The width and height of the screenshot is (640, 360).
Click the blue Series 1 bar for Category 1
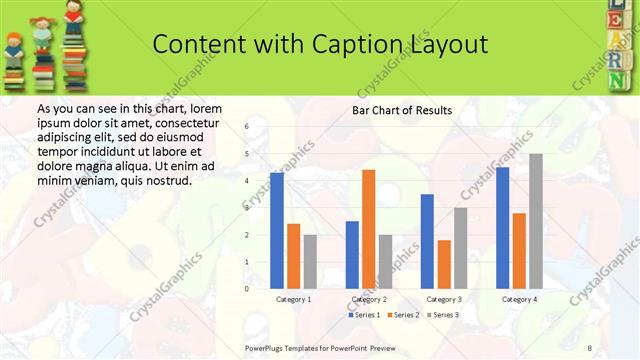[277, 231]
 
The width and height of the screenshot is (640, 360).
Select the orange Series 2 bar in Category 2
[368, 229]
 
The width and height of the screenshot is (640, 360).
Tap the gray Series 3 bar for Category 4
[536, 221]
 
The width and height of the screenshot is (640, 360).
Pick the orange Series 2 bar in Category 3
[444, 264]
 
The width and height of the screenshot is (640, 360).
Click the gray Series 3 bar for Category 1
[310, 262]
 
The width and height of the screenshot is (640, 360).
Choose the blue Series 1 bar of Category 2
[352, 255]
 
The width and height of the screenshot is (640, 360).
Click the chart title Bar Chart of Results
[401, 110]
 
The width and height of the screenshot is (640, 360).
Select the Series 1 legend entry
[364, 315]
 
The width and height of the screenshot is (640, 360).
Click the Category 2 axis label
[368, 299]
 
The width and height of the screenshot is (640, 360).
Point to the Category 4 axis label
[519, 299]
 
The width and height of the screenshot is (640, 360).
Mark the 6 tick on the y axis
[248, 126]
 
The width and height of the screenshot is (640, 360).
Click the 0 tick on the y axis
[248, 288]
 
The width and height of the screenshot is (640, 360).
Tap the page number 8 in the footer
[589, 347]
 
